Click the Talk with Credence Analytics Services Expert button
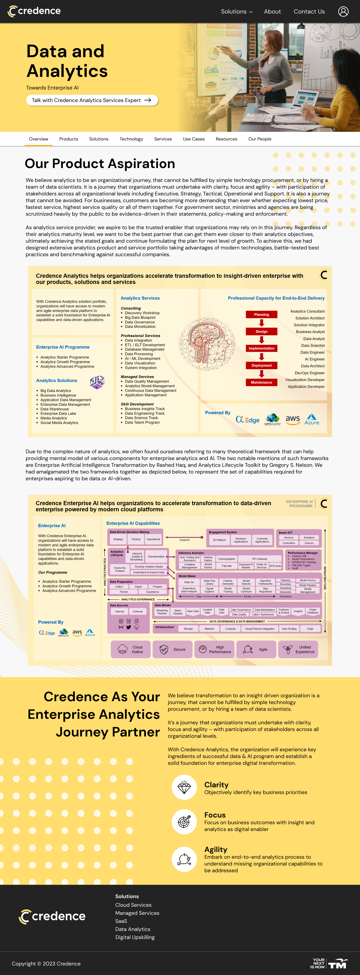(92, 100)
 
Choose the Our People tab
(260, 139)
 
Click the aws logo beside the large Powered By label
(293, 419)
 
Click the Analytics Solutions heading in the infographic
(56, 380)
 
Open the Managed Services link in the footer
(137, 913)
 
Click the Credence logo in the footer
(52, 916)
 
